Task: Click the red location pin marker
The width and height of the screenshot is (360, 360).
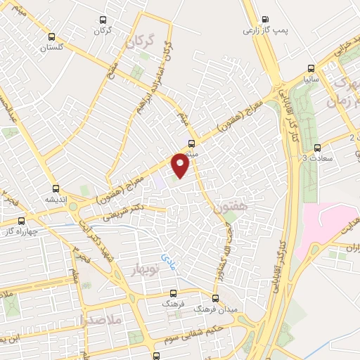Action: [x=181, y=164]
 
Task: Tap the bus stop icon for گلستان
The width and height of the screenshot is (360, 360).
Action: [x=51, y=37]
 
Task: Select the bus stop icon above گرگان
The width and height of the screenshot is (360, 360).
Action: [x=103, y=20]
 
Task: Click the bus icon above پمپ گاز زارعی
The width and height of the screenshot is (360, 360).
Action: [x=264, y=20]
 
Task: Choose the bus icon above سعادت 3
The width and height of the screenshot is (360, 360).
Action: [x=318, y=148]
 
